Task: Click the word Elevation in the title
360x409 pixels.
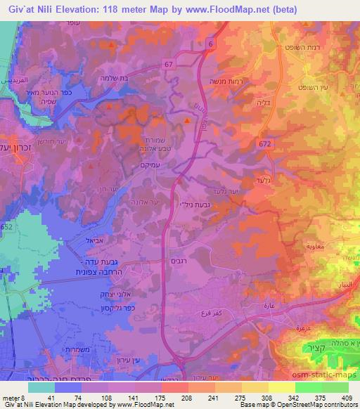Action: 76,9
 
